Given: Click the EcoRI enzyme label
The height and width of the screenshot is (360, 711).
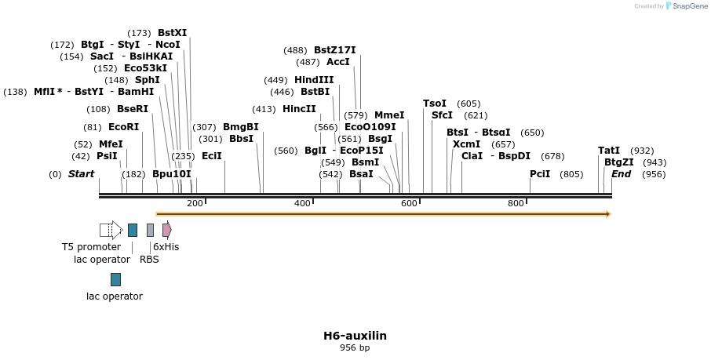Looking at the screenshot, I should [123, 127].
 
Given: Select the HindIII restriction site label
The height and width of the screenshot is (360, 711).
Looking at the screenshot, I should [314, 80].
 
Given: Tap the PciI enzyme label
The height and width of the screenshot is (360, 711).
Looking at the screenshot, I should [540, 174].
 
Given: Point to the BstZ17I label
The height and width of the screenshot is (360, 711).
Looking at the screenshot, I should [334, 50].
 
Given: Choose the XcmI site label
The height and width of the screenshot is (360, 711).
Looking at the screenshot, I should [467, 144].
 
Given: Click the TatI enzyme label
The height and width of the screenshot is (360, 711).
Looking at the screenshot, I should [609, 151].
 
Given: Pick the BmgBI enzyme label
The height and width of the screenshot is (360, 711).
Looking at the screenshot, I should [240, 127].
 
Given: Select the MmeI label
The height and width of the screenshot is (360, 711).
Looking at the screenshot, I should [389, 115].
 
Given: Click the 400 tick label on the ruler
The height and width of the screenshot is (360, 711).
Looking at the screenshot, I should [302, 204].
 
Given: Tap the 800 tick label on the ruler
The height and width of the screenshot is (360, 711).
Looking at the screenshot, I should [516, 204].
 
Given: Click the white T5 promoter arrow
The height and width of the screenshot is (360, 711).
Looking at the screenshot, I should [111, 230].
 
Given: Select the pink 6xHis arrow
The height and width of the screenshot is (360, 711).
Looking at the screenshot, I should [166, 230].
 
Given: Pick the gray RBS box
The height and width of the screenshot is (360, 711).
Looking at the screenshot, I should [150, 230].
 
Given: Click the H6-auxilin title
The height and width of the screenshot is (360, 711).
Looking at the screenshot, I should [355, 336].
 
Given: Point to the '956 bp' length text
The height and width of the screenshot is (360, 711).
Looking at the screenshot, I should [355, 347].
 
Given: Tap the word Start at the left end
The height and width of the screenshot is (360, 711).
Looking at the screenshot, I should [81, 174].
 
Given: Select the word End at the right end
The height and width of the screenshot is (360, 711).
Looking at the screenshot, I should [621, 174].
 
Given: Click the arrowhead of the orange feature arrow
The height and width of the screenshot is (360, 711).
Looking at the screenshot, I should [607, 214].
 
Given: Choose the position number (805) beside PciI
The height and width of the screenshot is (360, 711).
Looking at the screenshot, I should [571, 174].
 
